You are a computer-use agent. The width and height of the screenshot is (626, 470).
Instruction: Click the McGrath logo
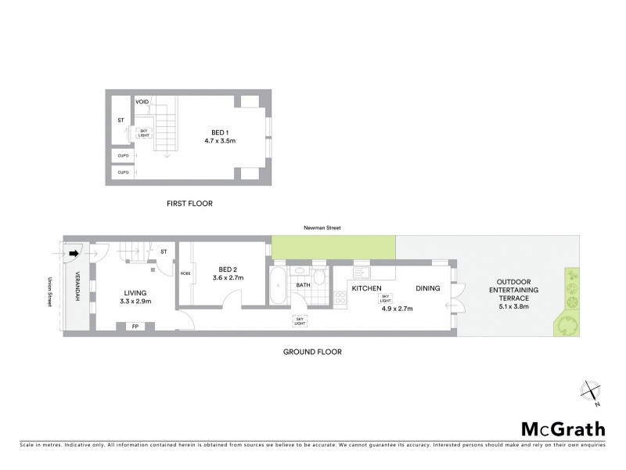pos(563,428)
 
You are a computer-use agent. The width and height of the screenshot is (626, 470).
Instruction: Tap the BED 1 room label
pos(221,131)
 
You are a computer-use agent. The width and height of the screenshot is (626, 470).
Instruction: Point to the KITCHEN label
pos(366,288)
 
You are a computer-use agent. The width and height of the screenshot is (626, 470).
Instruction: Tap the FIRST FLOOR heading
pos(189,204)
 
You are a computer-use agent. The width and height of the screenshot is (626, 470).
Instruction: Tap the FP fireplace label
pos(135,327)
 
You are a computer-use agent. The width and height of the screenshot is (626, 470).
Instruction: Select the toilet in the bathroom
pos(320,276)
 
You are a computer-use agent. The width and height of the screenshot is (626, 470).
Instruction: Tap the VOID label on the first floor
pos(142,102)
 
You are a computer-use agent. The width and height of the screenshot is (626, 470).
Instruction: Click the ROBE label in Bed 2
pos(185,273)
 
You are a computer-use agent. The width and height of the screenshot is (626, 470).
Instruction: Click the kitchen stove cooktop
pos(341,298)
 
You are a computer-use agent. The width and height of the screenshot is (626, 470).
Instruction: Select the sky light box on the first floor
pos(144,133)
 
